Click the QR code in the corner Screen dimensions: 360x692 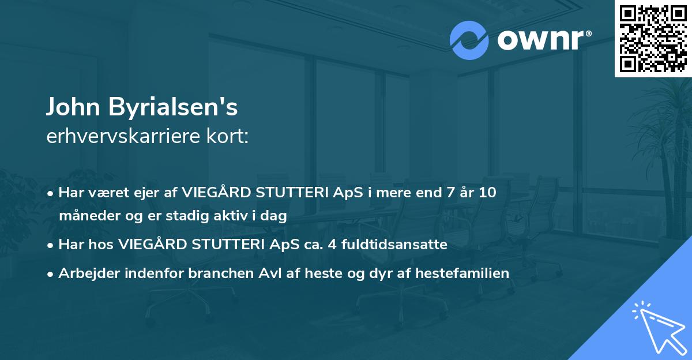click(653, 39)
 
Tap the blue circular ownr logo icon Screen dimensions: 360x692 click(469, 40)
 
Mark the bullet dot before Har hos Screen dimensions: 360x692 click(51, 245)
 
